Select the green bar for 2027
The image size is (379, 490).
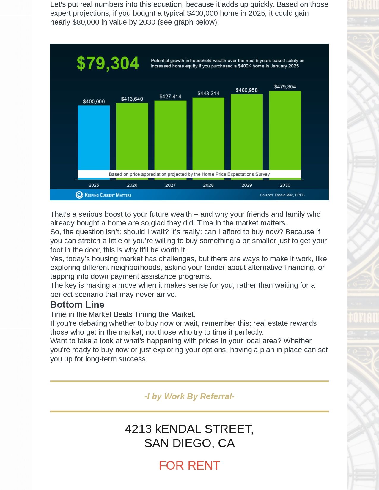[170, 135]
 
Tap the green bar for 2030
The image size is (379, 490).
[285, 131]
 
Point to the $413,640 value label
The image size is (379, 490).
[132, 99]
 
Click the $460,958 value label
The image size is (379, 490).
[247, 90]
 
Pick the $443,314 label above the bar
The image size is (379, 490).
[208, 94]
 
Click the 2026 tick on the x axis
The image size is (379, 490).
[132, 185]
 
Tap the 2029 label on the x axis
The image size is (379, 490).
[247, 185]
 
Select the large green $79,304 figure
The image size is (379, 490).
[108, 63]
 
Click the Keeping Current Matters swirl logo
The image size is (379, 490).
[79, 195]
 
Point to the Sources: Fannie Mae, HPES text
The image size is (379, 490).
[282, 195]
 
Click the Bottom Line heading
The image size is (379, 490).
[77, 304]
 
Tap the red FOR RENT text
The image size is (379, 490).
[189, 465]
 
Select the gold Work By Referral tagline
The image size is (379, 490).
[189, 396]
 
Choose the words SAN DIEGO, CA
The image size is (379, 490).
[189, 443]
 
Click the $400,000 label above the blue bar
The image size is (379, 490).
[94, 102]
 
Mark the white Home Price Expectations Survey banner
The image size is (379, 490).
[189, 174]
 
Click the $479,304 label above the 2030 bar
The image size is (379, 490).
[285, 87]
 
